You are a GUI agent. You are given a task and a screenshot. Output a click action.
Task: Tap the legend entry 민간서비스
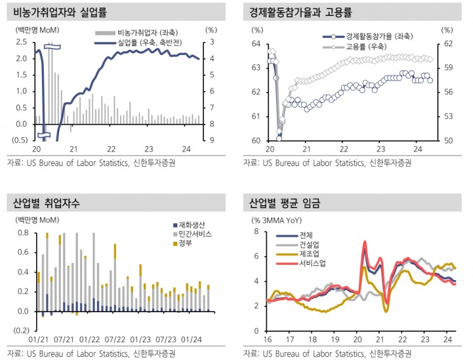[195, 234]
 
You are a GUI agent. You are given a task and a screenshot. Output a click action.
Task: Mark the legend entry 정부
[186, 244]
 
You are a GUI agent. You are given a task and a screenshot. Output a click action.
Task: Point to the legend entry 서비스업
[313, 262]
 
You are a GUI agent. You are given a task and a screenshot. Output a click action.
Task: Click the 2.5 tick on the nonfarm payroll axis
[21, 42]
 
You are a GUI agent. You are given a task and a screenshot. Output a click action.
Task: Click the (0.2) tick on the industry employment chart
[21, 330]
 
